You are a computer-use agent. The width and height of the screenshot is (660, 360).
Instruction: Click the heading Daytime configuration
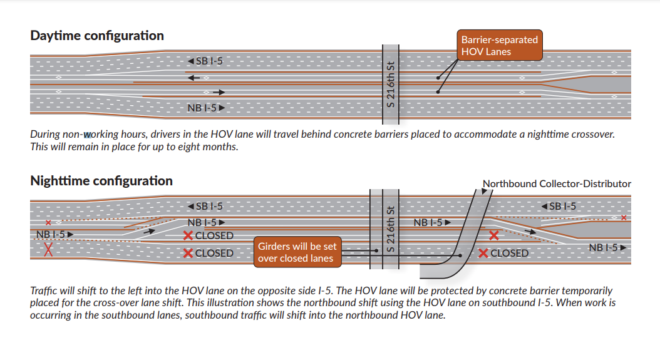tap(97, 36)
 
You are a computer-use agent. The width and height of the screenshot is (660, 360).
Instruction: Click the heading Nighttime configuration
tap(101, 181)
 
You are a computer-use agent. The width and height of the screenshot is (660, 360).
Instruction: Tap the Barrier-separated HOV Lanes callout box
tap(499, 46)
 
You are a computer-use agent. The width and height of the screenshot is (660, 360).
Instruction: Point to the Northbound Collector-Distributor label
tap(557, 184)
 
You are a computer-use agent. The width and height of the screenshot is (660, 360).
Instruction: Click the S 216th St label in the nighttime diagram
tap(391, 229)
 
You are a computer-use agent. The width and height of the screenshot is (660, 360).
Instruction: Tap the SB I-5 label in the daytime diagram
tap(205, 61)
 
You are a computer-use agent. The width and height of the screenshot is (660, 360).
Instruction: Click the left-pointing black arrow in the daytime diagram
tap(193, 78)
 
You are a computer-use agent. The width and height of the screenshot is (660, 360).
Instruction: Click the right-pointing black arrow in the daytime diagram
tap(218, 92)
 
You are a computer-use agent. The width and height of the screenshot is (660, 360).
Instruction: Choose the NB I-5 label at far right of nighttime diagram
tap(608, 247)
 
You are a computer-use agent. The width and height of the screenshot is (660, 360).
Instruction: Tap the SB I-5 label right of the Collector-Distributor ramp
tap(559, 207)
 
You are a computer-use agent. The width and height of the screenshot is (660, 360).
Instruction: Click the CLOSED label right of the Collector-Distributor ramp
tap(503, 253)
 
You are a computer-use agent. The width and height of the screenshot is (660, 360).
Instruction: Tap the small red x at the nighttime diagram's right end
tap(624, 218)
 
